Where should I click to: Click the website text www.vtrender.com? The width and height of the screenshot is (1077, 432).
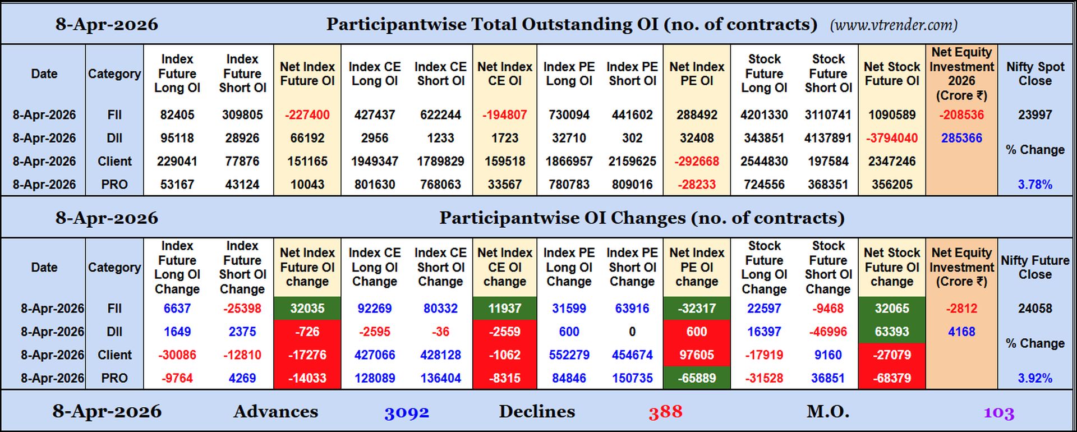894,25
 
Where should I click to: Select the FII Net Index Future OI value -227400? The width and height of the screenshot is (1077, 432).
307,115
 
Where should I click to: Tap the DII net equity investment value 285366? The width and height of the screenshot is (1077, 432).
961,138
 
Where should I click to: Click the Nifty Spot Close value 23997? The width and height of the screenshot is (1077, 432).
1035,115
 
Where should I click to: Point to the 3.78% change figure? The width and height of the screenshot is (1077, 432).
1035,185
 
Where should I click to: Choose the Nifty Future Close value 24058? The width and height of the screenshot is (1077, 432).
1035,309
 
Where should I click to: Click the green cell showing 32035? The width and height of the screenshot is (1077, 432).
307,309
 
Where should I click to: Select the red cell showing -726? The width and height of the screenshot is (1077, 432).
307,332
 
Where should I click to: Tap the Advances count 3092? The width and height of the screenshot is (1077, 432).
406,413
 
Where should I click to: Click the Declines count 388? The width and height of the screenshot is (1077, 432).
665,413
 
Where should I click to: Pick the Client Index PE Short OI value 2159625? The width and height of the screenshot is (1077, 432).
632,162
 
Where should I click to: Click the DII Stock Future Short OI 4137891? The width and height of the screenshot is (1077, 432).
828,138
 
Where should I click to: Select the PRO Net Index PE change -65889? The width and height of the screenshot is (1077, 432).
697,378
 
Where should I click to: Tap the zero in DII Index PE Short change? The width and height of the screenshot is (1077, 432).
632,332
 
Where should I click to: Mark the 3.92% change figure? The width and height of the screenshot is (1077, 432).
1035,378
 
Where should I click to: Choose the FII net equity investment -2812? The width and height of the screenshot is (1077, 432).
961,309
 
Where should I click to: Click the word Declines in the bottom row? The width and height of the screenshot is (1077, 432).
537,412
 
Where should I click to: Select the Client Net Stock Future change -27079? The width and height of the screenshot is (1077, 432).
891,355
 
